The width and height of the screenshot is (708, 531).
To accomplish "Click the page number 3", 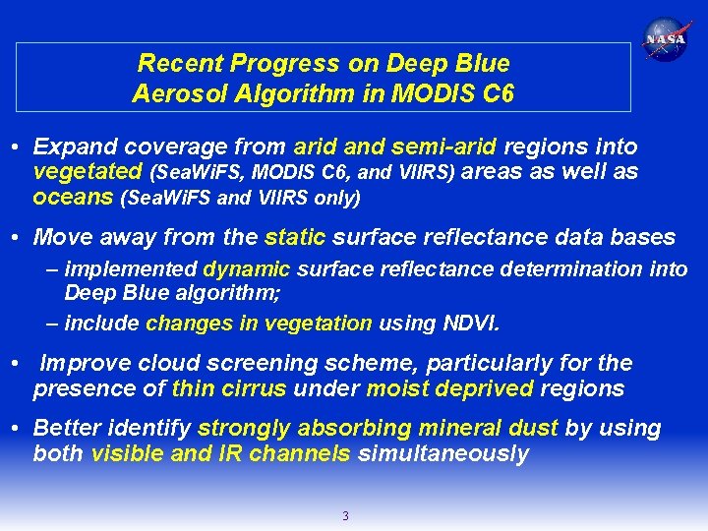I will click(x=344, y=515).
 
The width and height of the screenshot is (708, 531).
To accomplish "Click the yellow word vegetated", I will click(x=88, y=172).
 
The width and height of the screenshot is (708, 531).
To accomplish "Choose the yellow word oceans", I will click(x=72, y=197).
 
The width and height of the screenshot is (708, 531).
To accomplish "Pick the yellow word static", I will click(x=295, y=237).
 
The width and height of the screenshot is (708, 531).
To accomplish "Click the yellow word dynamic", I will click(x=246, y=269).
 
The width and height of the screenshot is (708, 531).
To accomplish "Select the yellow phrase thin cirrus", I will click(x=228, y=388).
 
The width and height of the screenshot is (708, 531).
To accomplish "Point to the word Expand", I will click(x=72, y=147).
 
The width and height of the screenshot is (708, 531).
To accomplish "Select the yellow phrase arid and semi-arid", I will click(x=395, y=147).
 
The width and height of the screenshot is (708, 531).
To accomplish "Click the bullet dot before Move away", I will click(x=18, y=238).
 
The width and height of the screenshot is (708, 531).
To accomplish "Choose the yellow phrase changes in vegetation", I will click(x=259, y=323).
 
